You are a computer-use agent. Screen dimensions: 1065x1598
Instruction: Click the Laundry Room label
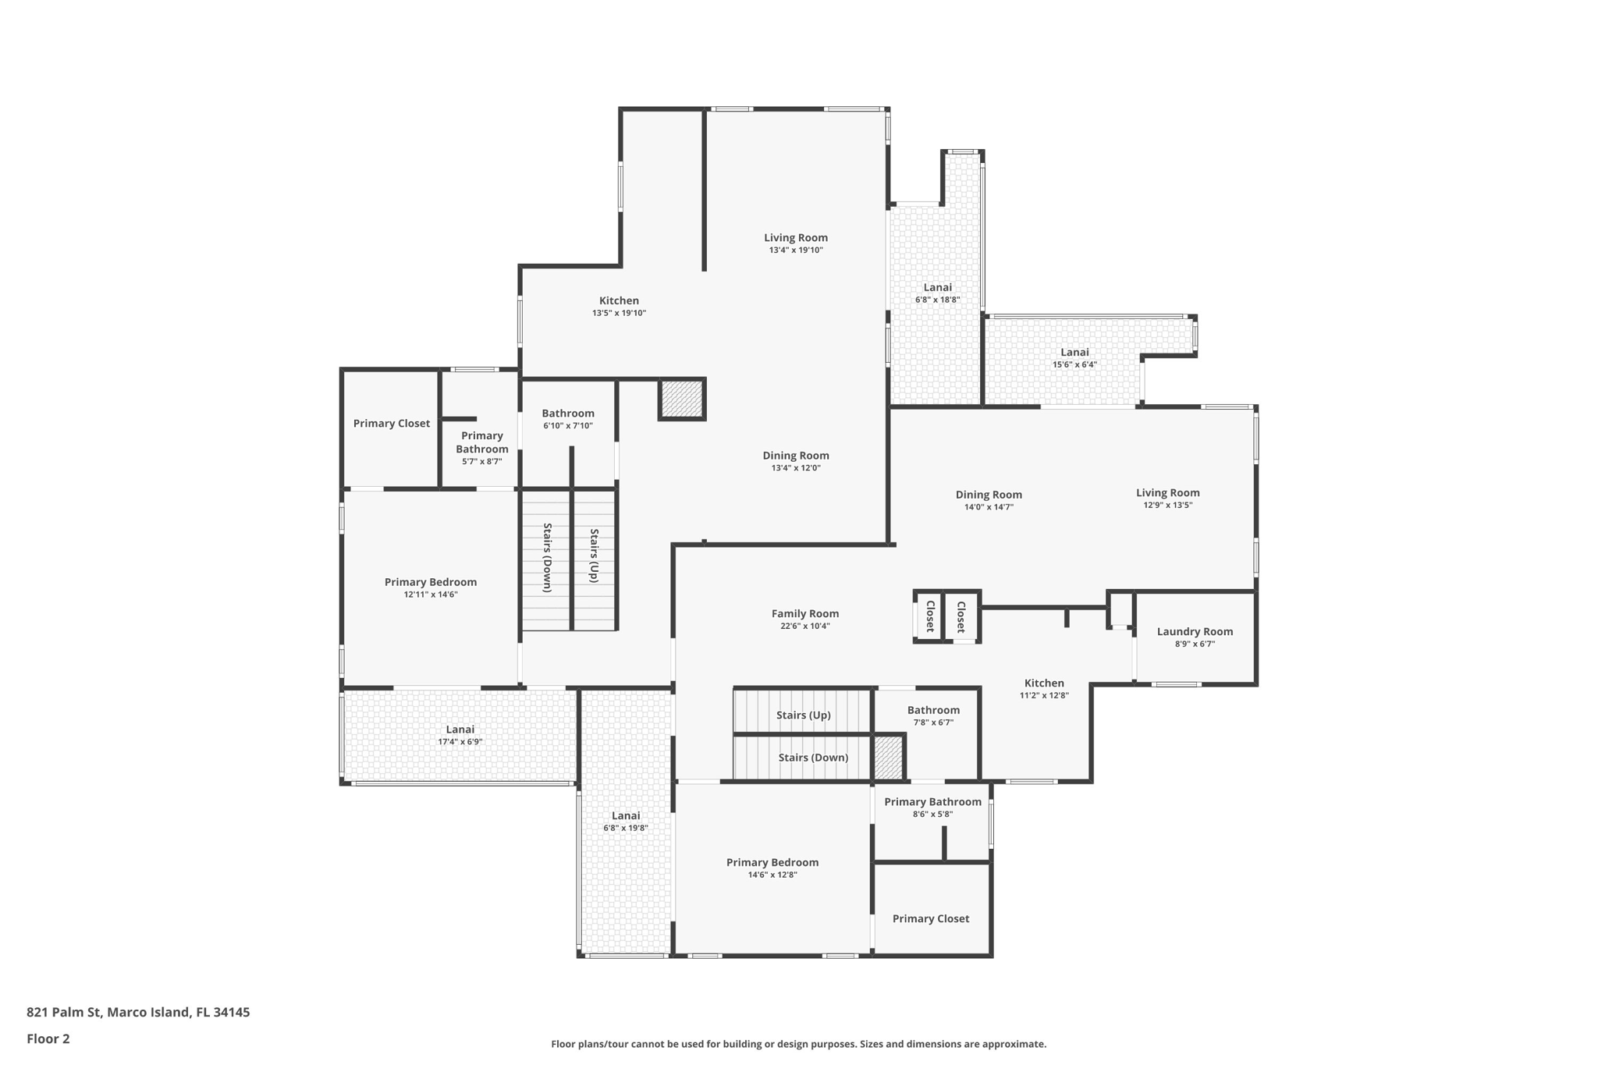pos(1195,631)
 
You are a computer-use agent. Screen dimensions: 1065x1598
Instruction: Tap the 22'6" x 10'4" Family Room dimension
pos(805,626)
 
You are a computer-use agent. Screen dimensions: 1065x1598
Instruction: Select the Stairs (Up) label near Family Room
pos(803,715)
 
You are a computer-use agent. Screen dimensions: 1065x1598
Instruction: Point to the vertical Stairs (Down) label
pos(547,557)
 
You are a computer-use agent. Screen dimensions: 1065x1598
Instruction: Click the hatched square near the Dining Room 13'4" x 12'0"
pos(682,399)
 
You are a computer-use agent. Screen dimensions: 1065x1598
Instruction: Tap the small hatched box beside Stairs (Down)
pos(888,757)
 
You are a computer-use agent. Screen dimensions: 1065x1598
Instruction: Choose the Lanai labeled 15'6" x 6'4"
pos(1074,352)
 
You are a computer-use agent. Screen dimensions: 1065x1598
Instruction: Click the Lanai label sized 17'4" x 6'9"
pos(460,730)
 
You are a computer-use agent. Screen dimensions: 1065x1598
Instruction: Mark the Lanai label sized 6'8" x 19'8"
pos(626,815)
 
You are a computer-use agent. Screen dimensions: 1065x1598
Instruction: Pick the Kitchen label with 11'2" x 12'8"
pos(1044,683)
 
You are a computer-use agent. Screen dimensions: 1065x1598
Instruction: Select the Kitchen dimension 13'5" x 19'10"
pos(619,313)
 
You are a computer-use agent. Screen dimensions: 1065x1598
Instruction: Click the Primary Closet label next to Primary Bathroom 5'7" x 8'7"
pos(391,423)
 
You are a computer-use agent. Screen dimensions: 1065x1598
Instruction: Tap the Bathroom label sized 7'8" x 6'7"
pos(933,710)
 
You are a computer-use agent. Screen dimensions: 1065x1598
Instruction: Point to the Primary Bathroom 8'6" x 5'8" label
pos(932,801)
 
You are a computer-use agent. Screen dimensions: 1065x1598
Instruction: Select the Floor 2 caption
pos(48,1038)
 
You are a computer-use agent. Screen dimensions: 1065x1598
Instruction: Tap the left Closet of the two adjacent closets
pos(930,616)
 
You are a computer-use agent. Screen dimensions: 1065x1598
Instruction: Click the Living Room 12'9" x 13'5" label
pos(1167,492)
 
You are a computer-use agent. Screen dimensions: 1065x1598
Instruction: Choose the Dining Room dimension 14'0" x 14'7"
pos(989,507)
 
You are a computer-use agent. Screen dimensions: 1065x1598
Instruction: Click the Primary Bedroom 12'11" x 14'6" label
pos(430,582)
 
